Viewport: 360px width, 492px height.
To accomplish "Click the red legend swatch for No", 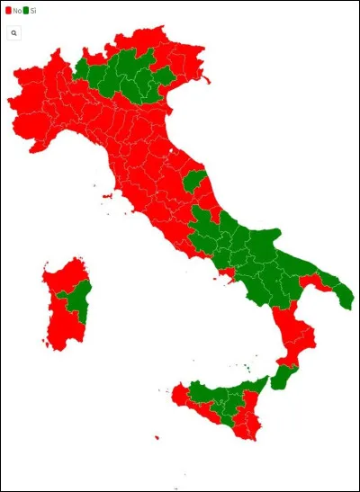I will (x=8, y=10).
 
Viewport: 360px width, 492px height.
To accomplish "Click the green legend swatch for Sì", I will (x=25, y=10).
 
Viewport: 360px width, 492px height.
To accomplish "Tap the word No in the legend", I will (x=16, y=10).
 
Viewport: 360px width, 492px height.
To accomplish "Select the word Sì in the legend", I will (x=33, y=10).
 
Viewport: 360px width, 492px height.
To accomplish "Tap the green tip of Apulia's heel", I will (x=345, y=298).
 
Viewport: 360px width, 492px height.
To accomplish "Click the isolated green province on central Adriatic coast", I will (x=193, y=180).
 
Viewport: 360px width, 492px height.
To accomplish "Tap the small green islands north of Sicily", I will (x=246, y=366).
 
